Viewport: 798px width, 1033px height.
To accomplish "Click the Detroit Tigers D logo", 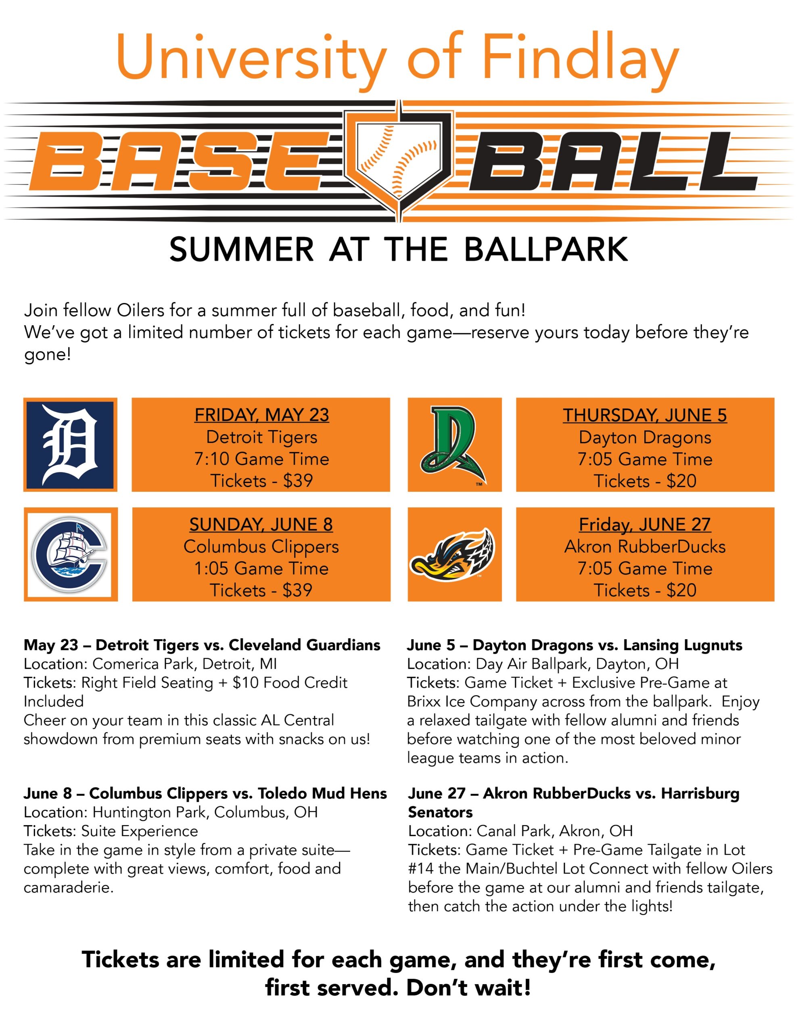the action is [70, 445].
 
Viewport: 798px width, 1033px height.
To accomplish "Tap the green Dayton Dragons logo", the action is [453, 445].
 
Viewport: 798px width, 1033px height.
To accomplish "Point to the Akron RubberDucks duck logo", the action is [452, 555].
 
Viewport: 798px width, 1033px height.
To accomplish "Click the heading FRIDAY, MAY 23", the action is [261, 415].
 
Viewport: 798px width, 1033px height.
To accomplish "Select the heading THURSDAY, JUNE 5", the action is [645, 415].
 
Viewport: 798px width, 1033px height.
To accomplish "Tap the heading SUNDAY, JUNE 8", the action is [261, 524].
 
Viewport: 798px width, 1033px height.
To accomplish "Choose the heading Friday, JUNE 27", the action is [645, 524].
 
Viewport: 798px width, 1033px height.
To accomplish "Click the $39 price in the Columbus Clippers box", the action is [297, 590].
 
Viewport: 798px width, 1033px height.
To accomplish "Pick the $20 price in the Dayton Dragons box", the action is [681, 481].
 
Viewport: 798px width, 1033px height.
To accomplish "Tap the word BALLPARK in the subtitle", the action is [546, 249].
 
